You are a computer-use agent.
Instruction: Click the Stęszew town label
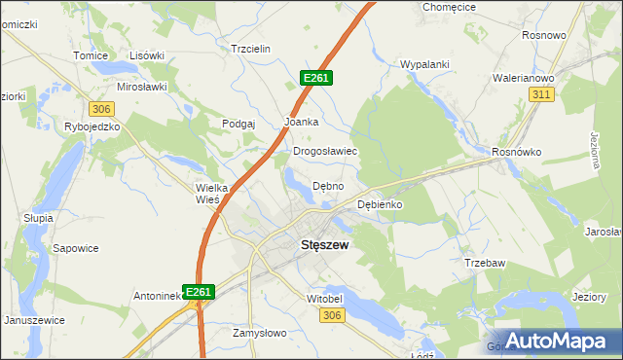(311, 245)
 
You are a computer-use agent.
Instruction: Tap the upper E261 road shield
(317, 77)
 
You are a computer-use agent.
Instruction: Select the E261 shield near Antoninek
(199, 291)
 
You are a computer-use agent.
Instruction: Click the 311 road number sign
(542, 94)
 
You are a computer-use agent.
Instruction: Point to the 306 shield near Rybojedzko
(101, 108)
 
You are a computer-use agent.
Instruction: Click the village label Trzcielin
(249, 49)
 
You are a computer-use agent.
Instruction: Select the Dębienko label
(380, 205)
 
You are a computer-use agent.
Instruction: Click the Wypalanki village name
(424, 65)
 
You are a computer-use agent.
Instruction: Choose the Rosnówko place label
(516, 152)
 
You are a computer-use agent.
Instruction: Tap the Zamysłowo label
(260, 333)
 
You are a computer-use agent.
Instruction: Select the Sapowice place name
(76, 248)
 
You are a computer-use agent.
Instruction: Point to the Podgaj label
(238, 124)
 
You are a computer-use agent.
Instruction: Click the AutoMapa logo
(556, 341)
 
